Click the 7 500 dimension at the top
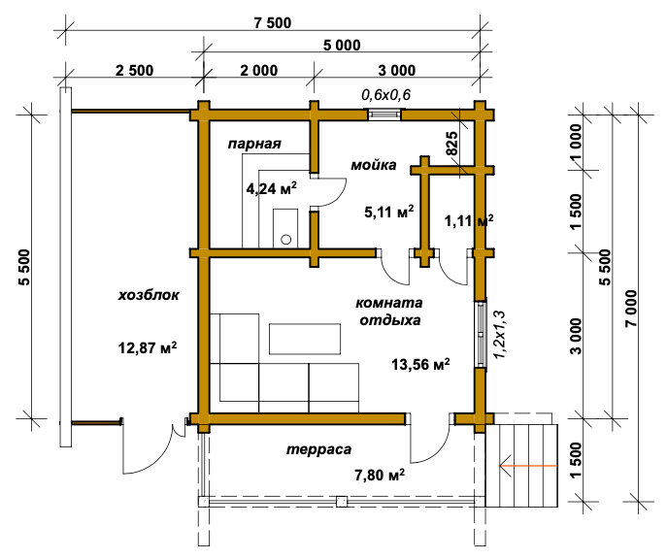click(273, 22)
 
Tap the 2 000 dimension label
click(259, 70)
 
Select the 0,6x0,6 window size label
click(385, 94)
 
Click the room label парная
click(254, 144)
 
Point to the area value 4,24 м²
click(272, 188)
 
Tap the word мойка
click(374, 165)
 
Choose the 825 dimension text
click(451, 144)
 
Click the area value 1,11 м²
click(469, 220)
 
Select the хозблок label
click(149, 295)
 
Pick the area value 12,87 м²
click(148, 348)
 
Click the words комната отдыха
click(389, 312)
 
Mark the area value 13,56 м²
click(420, 364)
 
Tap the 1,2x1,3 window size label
click(499, 335)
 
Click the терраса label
click(318, 449)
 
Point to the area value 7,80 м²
click(379, 474)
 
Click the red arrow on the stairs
click(528, 466)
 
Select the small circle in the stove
click(286, 240)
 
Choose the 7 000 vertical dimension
click(631, 308)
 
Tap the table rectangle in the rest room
click(305, 339)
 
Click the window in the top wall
click(384, 115)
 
